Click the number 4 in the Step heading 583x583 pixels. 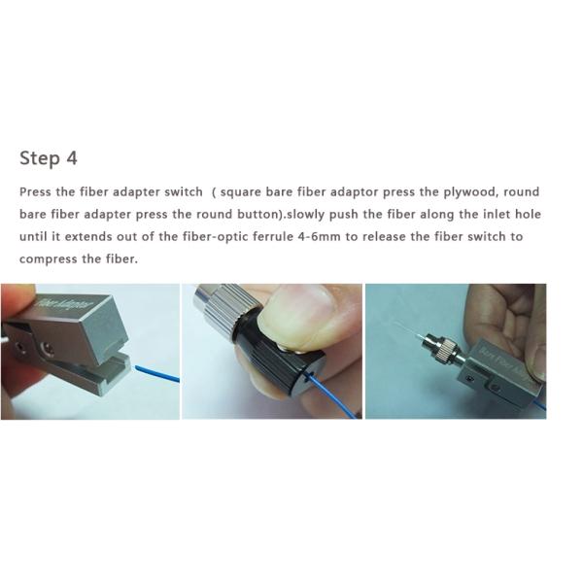pos(72,158)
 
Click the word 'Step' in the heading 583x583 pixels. pos(40,158)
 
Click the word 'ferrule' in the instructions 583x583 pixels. pos(273,237)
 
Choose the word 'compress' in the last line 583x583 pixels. pos(48,259)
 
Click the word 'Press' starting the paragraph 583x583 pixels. pos(35,192)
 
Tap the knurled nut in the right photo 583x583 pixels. pos(446,350)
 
